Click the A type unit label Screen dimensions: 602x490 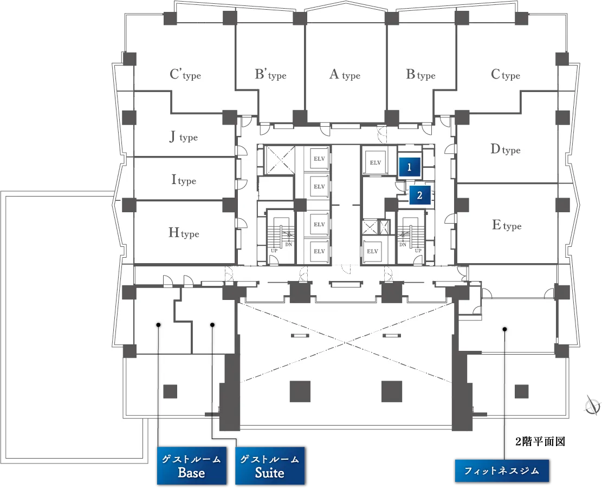[345, 74]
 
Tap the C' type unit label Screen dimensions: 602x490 [185, 74]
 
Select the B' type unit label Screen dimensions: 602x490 [271, 74]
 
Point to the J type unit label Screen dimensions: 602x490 [184, 136]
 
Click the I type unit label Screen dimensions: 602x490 [184, 180]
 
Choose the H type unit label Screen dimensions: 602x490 [184, 232]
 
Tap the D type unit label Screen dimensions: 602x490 [505, 149]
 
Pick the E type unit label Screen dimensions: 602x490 [507, 225]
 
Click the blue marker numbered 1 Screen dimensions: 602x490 [409, 167]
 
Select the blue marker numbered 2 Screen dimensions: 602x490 [419, 195]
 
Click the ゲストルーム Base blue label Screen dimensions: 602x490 [192, 466]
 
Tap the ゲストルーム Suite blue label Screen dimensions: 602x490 [270, 466]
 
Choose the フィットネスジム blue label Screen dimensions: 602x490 [502, 471]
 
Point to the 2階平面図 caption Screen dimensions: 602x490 [540, 442]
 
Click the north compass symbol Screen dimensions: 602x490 [592, 405]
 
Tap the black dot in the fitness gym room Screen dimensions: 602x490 [505, 329]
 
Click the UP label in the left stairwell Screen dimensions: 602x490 [274, 251]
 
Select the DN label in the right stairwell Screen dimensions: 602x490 [403, 244]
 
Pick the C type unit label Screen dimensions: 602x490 [505, 74]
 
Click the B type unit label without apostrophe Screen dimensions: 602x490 [421, 74]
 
